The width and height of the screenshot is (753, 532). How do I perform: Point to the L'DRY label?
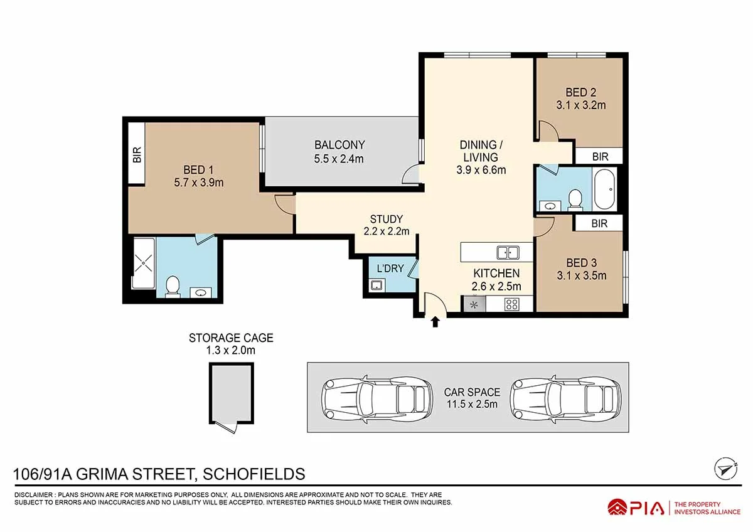(x=390, y=269)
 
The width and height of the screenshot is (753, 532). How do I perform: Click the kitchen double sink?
(x=508, y=252)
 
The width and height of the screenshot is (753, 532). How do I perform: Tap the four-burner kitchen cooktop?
(x=511, y=305)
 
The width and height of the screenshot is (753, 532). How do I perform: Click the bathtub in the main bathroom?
(x=605, y=189)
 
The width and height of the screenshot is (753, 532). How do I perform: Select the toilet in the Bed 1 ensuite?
(x=172, y=287)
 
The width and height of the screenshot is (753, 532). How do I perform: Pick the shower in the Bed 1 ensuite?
(x=143, y=263)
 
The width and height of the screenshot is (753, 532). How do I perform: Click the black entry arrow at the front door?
(x=435, y=322)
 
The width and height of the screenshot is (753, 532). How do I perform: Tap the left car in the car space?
(x=377, y=396)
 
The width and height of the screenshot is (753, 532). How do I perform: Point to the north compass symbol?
(x=725, y=467)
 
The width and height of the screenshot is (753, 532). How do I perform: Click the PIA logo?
(x=636, y=507)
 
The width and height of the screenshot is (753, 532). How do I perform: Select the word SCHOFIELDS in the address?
(x=252, y=474)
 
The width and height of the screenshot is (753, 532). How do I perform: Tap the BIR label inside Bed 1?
(x=137, y=155)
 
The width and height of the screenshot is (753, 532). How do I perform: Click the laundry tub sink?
(x=376, y=286)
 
